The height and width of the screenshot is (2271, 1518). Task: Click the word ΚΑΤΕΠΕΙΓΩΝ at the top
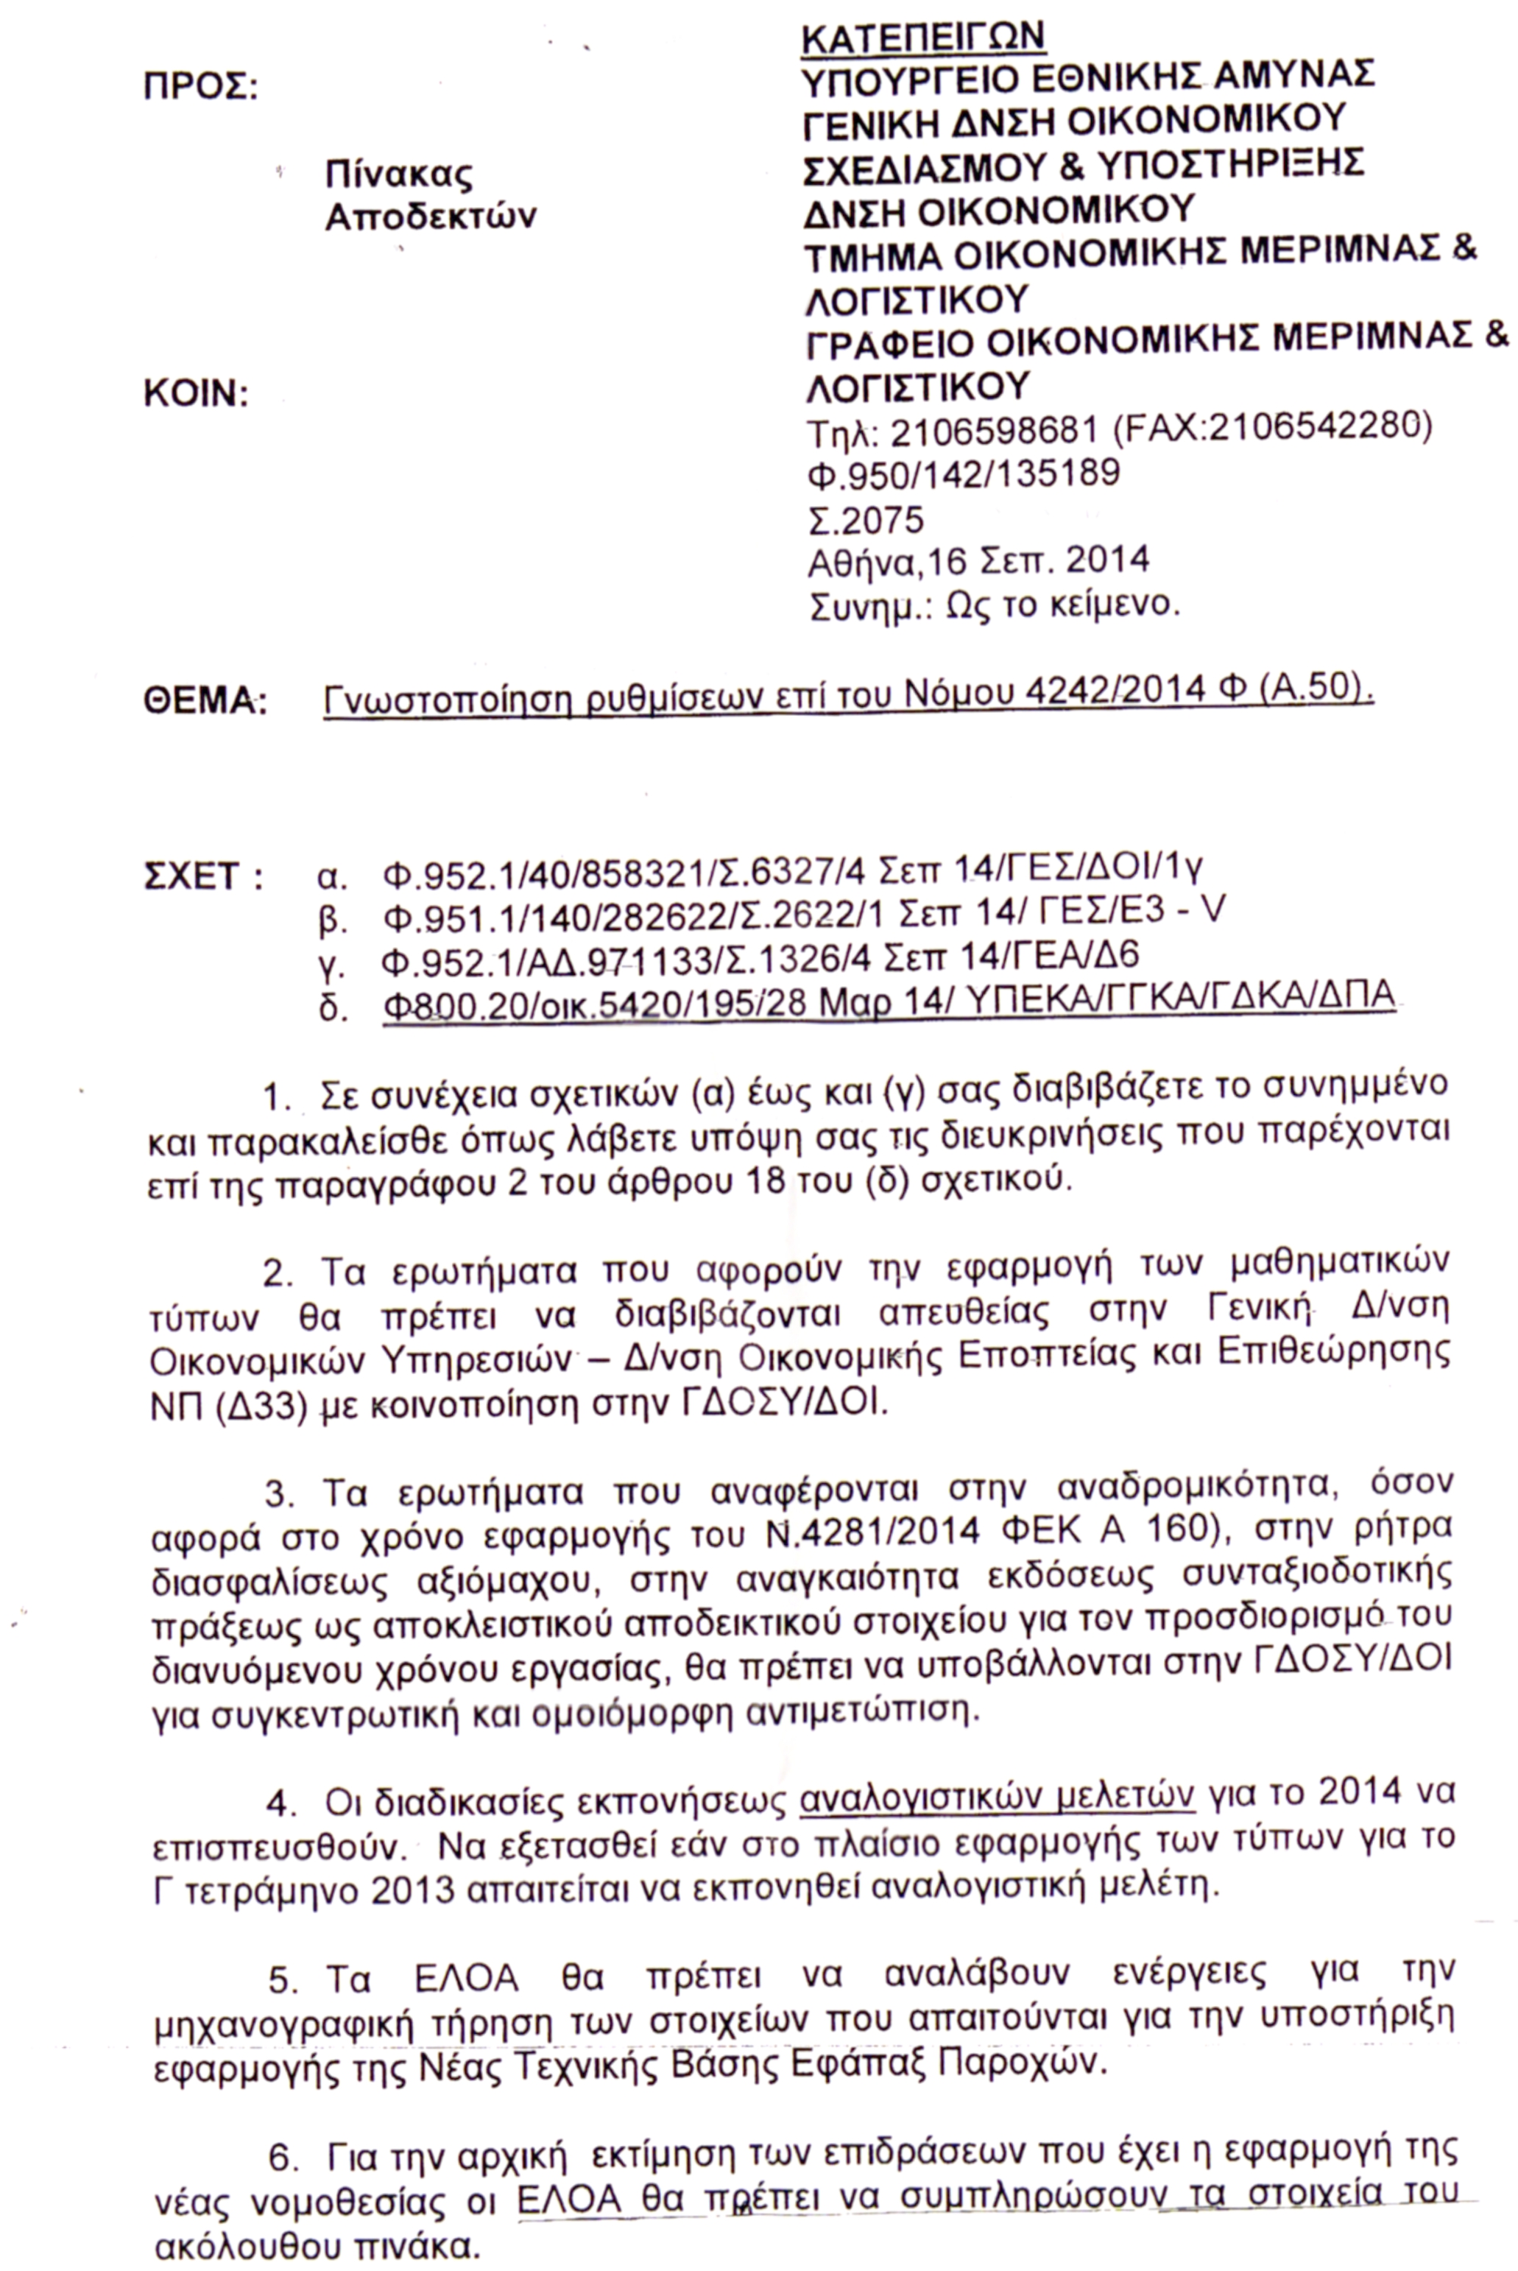pos(922,36)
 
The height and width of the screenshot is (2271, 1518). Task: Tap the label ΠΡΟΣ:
pos(200,87)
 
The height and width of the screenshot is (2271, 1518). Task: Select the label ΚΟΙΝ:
pos(196,393)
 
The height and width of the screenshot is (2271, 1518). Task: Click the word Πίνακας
pos(399,175)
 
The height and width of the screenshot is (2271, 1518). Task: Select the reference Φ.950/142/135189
pos(962,473)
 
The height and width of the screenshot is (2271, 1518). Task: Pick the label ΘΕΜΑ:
pos(204,700)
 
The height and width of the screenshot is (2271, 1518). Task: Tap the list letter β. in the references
pos(332,918)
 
